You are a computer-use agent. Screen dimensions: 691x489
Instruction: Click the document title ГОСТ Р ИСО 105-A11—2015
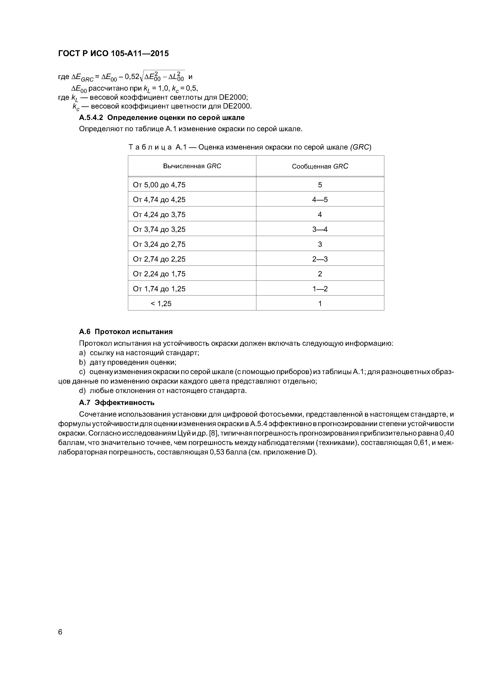point(113,54)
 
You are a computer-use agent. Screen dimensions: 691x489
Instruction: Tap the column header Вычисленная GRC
point(192,166)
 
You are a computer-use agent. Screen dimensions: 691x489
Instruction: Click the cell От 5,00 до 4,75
point(159,185)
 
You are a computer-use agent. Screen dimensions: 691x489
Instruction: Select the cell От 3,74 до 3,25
point(159,229)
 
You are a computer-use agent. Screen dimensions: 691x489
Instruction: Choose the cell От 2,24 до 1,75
point(159,274)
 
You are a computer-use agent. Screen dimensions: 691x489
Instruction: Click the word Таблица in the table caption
point(150,147)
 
